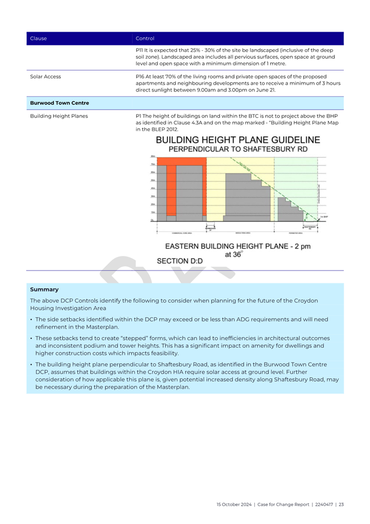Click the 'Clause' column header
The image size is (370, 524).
coord(38,38)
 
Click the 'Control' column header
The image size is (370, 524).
coord(145,38)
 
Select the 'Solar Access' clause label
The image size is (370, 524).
coord(46,76)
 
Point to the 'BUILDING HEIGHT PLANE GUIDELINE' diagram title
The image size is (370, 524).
coord(237,139)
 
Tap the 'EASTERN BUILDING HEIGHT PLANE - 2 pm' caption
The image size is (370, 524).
coord(237,246)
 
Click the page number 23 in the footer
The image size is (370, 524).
coord(341,504)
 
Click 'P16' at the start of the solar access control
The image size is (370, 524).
coord(141,76)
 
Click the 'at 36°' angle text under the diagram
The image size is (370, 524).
coord(233,255)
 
